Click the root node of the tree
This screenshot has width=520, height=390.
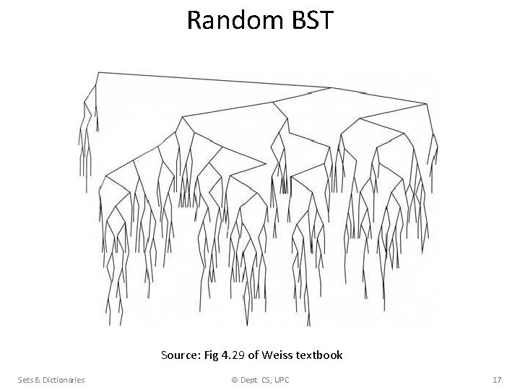click(98, 72)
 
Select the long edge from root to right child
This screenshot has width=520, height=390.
click(217, 80)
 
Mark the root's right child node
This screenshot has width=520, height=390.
click(331, 88)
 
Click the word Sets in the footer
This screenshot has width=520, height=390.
click(25, 379)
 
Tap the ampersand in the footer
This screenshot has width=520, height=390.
click(35, 379)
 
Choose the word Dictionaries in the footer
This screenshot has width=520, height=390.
click(62, 379)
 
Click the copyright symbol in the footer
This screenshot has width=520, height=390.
click(233, 379)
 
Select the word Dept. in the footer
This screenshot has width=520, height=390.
click(250, 379)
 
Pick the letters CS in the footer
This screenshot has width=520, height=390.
click(270, 379)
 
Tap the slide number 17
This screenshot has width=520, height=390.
click(497, 379)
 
